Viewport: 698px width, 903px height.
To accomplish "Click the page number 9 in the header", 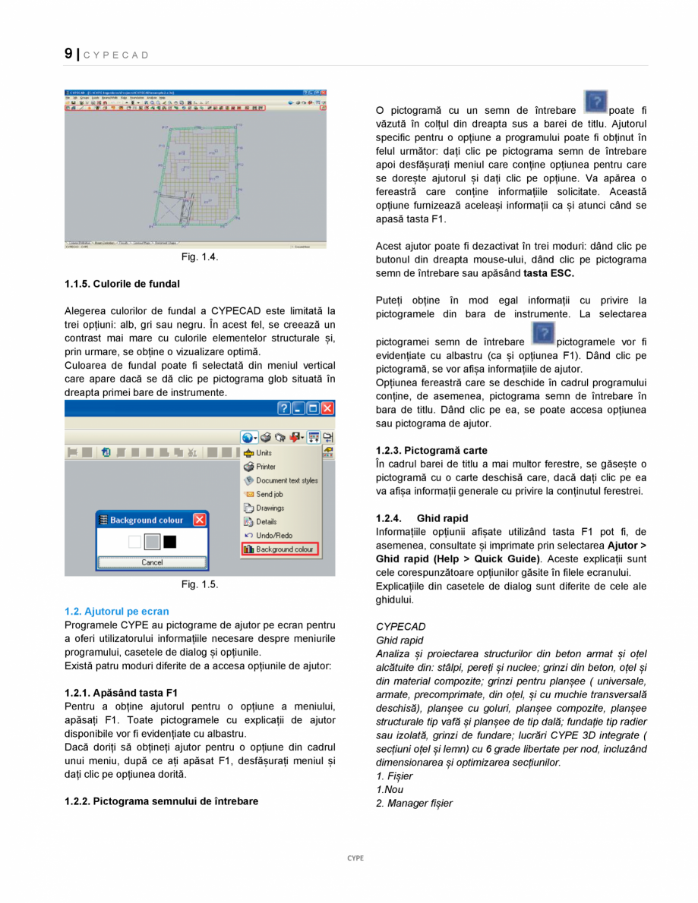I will [68, 54].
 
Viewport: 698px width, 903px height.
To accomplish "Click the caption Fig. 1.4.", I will [200, 257].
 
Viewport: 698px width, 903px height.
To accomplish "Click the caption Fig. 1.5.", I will [200, 584].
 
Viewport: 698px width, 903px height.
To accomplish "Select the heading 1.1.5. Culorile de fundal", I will [122, 284].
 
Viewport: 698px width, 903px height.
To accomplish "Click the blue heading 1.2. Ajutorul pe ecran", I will [117, 611].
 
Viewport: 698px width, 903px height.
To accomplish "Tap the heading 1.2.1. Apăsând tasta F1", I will [122, 692].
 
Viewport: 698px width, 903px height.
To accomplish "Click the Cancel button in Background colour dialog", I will [152, 562].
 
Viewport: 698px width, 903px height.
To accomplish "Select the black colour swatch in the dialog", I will [169, 542].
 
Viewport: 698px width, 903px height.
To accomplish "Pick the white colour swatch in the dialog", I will [135, 542].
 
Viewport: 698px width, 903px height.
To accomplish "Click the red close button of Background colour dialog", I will [199, 520].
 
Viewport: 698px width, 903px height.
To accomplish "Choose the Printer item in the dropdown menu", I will [265, 467].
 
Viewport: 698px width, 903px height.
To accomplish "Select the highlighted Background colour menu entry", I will [279, 549].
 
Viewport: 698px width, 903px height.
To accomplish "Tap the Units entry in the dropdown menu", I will [263, 453].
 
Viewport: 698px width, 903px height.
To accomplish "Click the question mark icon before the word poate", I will [595, 102].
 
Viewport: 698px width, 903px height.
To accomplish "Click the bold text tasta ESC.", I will [548, 272].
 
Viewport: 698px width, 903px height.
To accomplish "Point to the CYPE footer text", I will [355, 858].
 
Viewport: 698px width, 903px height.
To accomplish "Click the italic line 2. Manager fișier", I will [414, 804].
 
